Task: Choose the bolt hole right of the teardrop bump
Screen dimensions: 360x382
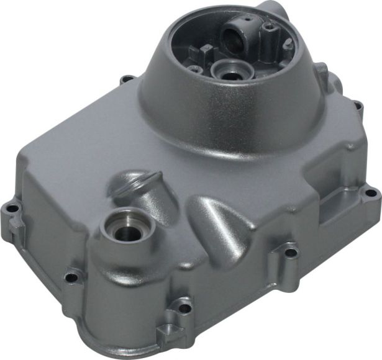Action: [291, 252]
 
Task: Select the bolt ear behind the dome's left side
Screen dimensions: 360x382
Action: [128, 79]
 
